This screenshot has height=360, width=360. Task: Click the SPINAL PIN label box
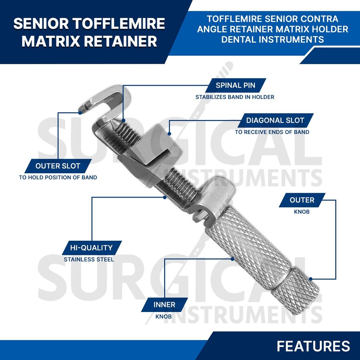tap(235, 85)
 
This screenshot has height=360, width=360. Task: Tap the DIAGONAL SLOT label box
tap(275, 120)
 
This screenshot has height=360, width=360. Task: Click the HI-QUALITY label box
tap(91, 247)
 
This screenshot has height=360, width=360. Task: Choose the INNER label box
tap(164, 304)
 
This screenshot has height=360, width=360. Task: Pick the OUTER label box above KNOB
tap(302, 200)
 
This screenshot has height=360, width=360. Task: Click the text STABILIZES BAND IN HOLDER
tap(235, 97)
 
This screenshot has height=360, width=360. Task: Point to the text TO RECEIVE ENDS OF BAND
tap(272, 132)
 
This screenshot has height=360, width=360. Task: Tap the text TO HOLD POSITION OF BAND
tap(58, 177)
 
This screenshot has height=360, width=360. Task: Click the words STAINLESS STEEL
tap(89, 259)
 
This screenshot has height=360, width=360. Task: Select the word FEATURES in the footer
tap(313, 346)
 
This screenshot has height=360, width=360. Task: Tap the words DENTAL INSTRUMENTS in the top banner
tap(273, 39)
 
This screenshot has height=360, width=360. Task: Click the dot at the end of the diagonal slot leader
tap(169, 133)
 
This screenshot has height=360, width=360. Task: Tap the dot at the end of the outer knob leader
tap(311, 279)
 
